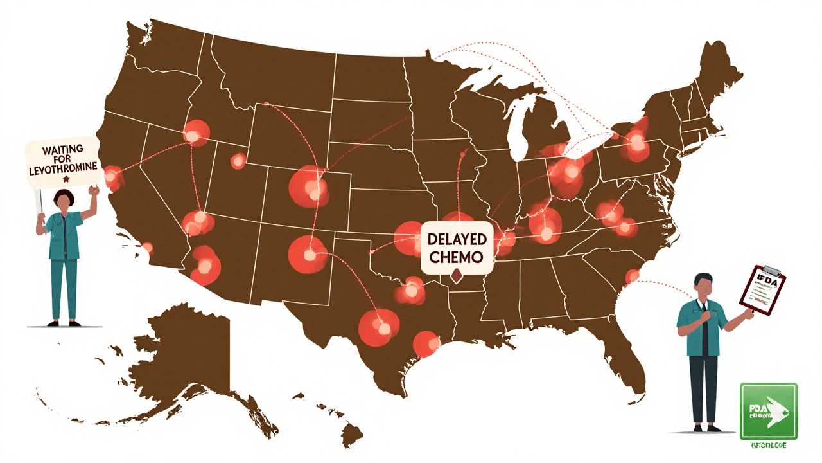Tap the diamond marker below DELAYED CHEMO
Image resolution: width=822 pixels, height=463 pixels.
(x=457, y=277)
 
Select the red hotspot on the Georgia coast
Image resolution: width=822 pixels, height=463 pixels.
(x=633, y=275)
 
